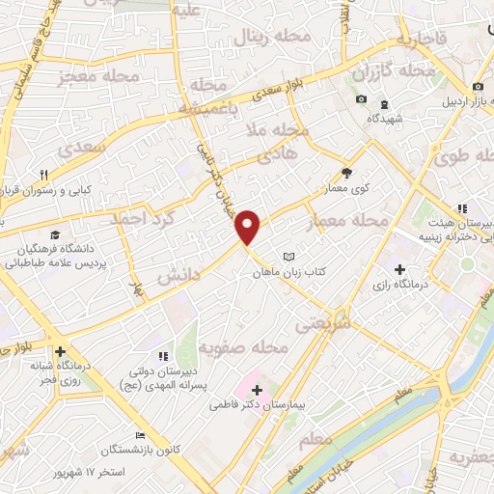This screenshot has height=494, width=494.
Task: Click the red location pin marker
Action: [249, 226]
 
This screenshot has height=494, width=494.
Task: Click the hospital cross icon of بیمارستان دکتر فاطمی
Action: [257, 390]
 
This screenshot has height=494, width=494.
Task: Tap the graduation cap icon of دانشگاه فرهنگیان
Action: [55, 235]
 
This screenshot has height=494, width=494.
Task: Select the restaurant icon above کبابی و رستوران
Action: [42, 175]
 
